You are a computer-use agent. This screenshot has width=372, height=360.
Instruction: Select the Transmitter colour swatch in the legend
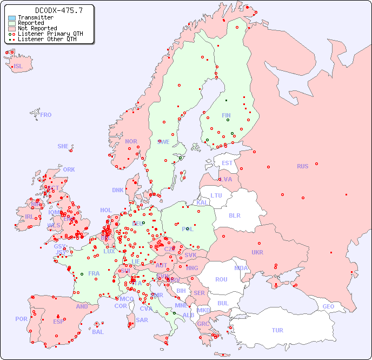tap(12, 18)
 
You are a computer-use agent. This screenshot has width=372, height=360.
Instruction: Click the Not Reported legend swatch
tap(12, 29)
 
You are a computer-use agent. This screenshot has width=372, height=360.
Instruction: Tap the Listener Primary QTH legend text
tap(50, 34)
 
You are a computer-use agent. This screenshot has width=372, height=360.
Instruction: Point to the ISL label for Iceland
tap(18, 67)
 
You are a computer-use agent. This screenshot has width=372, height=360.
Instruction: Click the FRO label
tap(46, 115)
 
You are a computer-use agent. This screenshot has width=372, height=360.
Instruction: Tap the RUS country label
tap(302, 166)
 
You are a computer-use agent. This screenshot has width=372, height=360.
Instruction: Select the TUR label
tap(277, 330)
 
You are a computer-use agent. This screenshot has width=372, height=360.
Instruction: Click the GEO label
tap(328, 306)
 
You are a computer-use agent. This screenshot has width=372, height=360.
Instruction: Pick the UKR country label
tap(257, 252)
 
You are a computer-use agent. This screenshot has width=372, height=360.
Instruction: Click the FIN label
tap(226, 115)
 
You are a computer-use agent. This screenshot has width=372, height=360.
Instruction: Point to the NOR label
tap(131, 141)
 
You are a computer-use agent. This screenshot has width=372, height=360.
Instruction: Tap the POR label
tap(21, 319)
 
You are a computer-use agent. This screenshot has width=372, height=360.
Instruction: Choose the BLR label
tap(234, 215)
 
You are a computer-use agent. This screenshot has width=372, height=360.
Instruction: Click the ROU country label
tap(221, 279)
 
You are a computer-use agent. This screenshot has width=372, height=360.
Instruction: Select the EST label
tap(227, 163)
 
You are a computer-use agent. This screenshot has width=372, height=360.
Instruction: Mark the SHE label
tap(63, 146)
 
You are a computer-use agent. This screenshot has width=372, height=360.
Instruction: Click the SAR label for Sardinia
tap(142, 320)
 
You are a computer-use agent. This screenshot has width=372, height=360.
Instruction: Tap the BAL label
tap(98, 332)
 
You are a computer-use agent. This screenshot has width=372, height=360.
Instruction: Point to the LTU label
tap(216, 195)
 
